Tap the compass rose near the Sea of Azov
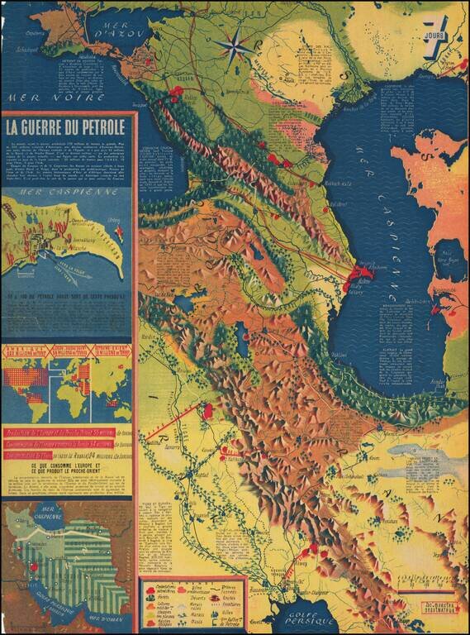[x=234, y=45]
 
